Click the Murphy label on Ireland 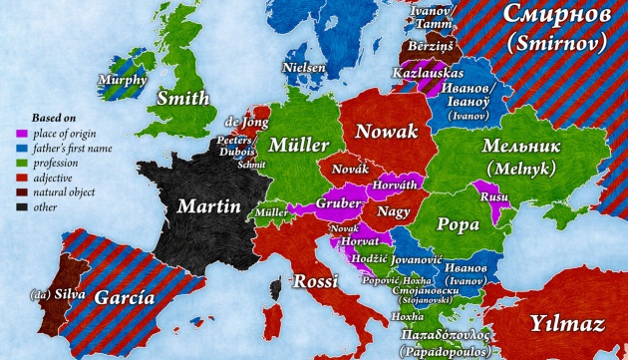pyautogui.click(x=123, y=80)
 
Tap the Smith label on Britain pyautogui.click(x=183, y=99)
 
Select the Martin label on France pyautogui.click(x=209, y=207)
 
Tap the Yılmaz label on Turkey pyautogui.click(x=567, y=323)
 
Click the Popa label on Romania pyautogui.click(x=460, y=224)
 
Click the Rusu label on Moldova pyautogui.click(x=494, y=197)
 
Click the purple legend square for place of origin pyautogui.click(x=21, y=132)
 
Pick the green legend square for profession pyautogui.click(x=21, y=162)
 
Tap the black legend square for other pyautogui.click(x=21, y=206)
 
